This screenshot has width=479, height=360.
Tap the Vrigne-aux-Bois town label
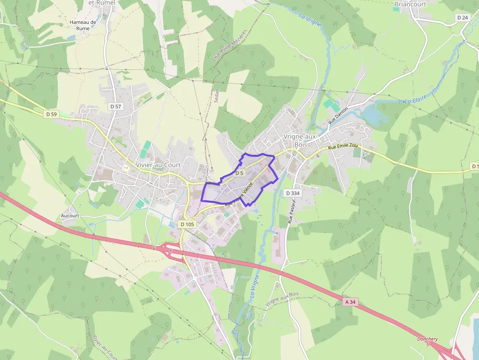tap(300, 141)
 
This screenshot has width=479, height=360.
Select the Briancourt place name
tap(410, 4)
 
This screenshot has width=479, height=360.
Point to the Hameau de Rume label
tap(83, 25)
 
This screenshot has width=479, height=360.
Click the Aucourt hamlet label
tap(70, 215)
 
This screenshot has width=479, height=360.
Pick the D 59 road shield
tap(50, 114)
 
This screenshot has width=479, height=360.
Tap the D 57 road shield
tap(115, 106)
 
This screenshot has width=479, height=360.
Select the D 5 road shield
tap(239, 173)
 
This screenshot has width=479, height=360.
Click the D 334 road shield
tap(292, 193)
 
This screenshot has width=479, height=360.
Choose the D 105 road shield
tap(187, 224)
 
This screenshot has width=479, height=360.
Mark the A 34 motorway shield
tap(350, 302)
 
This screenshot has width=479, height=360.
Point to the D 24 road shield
tap(462, 18)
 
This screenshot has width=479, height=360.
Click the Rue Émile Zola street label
tap(343, 147)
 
